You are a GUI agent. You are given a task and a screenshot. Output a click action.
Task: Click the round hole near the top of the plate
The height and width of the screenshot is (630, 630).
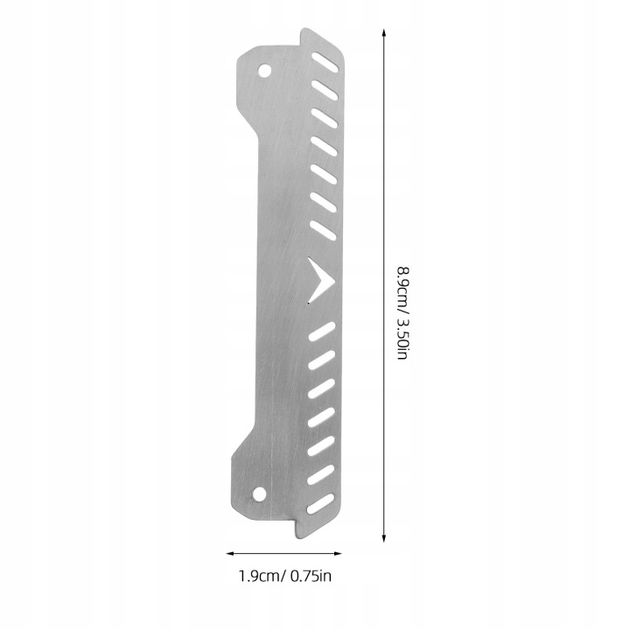264,72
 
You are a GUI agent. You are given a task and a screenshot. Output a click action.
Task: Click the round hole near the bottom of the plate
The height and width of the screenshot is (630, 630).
259,493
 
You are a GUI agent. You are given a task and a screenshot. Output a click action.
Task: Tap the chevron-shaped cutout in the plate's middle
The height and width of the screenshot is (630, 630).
320,280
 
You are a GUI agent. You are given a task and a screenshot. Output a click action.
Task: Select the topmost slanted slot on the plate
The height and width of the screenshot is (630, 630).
325,62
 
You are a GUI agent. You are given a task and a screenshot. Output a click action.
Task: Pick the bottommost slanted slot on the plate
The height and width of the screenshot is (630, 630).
320,504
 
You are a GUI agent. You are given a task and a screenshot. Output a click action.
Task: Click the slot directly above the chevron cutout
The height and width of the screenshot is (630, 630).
324,230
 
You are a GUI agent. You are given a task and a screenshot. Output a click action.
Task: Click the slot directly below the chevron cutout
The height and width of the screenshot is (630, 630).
322,332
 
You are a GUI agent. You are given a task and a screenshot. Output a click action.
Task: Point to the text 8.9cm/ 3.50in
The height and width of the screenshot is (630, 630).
403,313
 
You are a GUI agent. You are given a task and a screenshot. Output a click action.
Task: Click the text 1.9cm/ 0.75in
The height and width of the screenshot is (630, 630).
285,576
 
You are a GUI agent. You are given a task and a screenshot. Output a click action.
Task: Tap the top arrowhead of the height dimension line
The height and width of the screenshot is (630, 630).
384,32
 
